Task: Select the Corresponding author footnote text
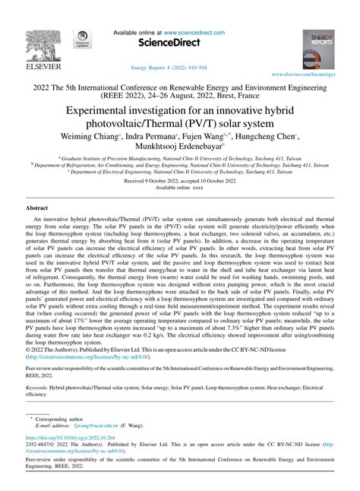tap(62, 419)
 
